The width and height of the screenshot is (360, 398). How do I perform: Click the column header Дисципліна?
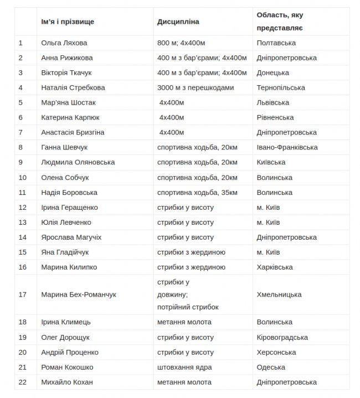click(x=178, y=22)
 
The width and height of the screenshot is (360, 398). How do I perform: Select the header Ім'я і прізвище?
click(x=68, y=22)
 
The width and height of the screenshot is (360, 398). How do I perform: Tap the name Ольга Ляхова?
click(x=64, y=43)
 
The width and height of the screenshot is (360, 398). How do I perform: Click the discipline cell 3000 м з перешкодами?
click(x=196, y=87)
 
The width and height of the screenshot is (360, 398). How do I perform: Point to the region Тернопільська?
click(x=281, y=87)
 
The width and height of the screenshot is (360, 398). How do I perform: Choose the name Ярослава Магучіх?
click(x=71, y=237)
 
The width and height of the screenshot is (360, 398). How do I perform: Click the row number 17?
click(x=23, y=294)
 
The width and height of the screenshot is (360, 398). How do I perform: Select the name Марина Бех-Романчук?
click(x=79, y=294)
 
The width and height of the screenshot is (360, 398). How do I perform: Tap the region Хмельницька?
click(x=279, y=294)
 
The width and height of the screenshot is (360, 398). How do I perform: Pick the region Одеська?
click(x=271, y=367)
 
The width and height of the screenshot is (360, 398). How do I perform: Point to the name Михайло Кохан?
click(x=67, y=382)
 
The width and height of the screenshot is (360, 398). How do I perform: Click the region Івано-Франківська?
click(x=287, y=147)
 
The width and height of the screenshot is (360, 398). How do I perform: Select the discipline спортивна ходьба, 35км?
click(x=197, y=193)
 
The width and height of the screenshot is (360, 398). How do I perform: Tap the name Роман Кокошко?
click(x=67, y=367)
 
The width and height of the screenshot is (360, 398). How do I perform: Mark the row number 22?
click(x=23, y=382)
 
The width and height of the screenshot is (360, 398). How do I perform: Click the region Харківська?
click(x=275, y=267)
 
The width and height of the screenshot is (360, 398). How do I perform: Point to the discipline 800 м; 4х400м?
click(x=181, y=43)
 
